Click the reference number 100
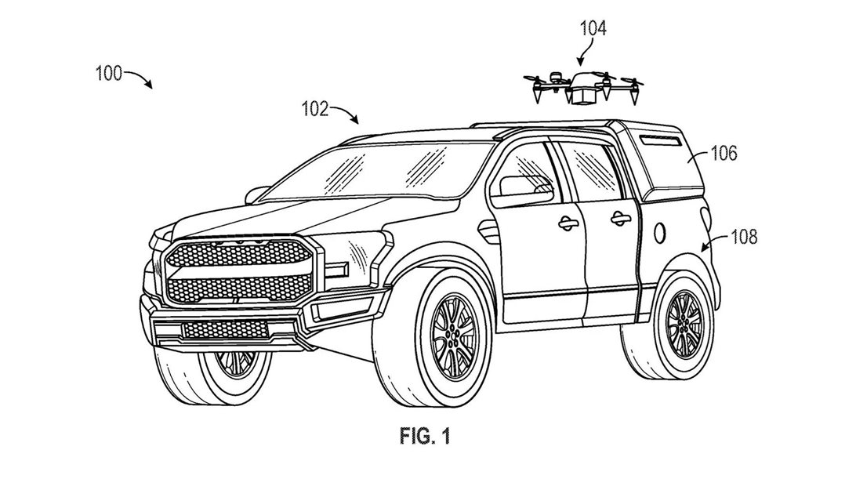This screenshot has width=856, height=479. (x=108, y=74)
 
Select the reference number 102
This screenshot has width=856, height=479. (x=317, y=109)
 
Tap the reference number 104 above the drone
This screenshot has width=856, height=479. (x=592, y=31)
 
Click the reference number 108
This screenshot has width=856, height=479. (x=743, y=236)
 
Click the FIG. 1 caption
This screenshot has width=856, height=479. (x=426, y=435)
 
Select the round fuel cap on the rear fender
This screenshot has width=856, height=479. (x=660, y=231)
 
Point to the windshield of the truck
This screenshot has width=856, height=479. (x=368, y=172)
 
